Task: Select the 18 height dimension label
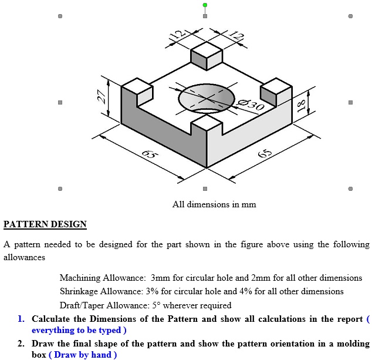click(x=302, y=105)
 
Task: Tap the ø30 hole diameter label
click(x=253, y=105)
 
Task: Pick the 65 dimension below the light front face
click(x=265, y=154)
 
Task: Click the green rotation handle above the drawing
click(x=205, y=5)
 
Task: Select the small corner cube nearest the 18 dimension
click(x=276, y=90)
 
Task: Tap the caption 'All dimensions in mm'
click(x=214, y=204)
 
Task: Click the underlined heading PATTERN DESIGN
click(x=45, y=224)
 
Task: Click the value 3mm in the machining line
click(x=160, y=278)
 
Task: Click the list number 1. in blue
click(x=21, y=319)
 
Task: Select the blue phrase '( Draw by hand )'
click(x=83, y=355)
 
